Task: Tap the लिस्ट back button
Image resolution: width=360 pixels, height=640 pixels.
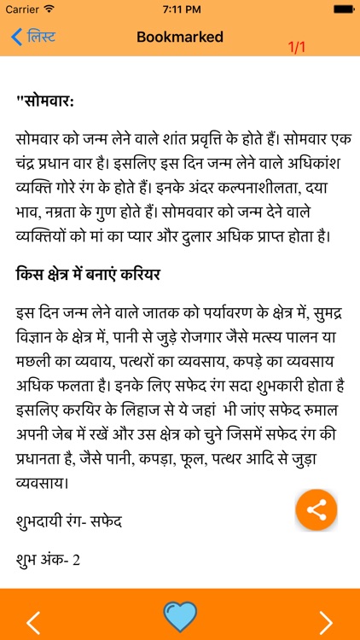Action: (x=33, y=38)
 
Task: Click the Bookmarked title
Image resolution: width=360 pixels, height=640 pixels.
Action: (x=180, y=38)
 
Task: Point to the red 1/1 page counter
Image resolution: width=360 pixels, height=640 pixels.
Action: (x=297, y=47)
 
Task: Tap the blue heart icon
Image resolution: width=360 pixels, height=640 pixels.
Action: (x=180, y=616)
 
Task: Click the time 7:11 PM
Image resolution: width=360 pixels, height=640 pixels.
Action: (x=180, y=9)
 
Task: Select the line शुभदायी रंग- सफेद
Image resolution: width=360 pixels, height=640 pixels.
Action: (x=69, y=520)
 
